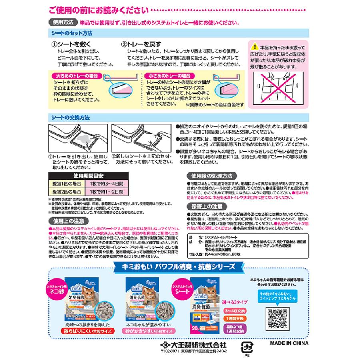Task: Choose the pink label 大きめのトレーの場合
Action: point(75,75)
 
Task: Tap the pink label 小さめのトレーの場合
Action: point(168,75)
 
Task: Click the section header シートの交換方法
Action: point(70,118)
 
